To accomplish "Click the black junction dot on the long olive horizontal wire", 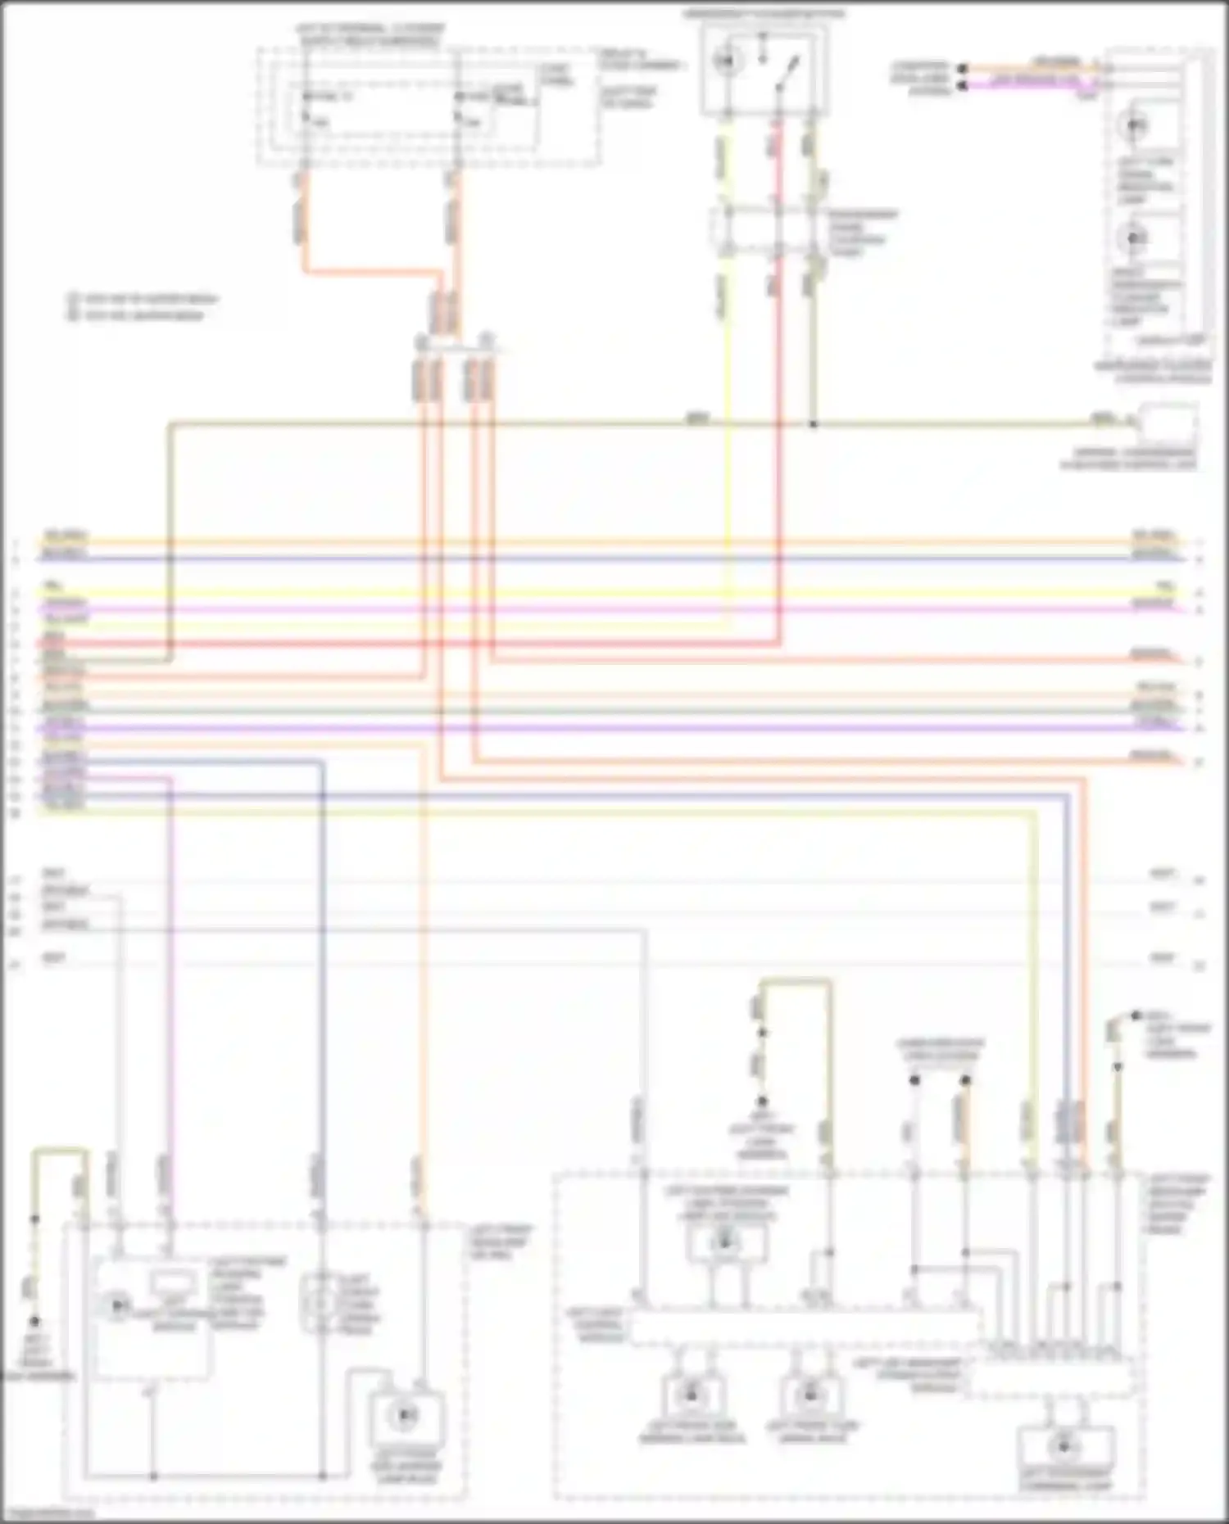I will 813,425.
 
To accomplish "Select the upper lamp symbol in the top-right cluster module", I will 1136,125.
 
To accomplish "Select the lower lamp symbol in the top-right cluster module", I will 1136,238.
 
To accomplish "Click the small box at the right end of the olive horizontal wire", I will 1169,423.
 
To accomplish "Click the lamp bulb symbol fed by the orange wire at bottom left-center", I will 405,1414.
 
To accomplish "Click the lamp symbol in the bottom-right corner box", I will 1064,1448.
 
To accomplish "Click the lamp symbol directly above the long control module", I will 724,1243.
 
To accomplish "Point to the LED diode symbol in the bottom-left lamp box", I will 119,1305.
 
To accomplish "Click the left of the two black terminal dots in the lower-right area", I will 914,1081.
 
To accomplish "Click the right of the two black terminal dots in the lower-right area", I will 965,1081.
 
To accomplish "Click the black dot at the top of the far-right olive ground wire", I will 1136,1015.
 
